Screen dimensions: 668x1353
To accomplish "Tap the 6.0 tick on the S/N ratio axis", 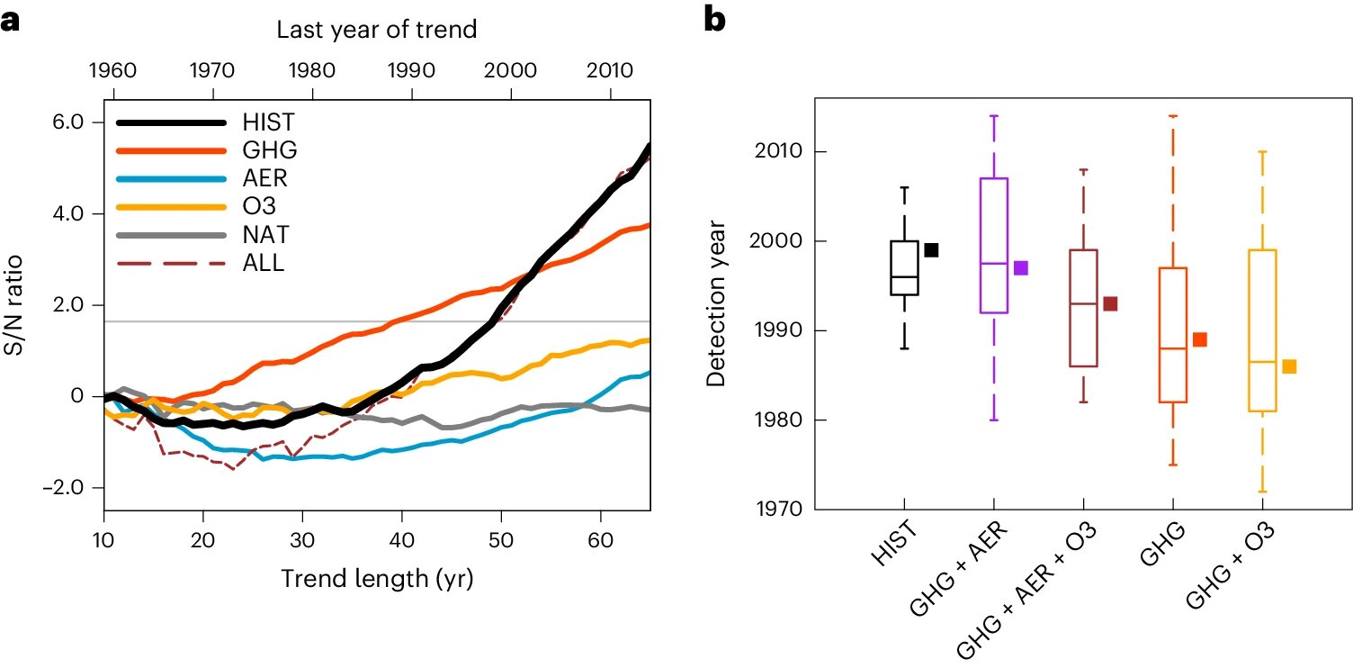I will pyautogui.click(x=76, y=122).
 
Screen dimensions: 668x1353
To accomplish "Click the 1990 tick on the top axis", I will pyautogui.click(x=410, y=70).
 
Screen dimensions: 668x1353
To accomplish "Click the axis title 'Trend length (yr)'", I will pyautogui.click(x=376, y=580).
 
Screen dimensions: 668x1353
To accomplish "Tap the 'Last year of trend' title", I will pyautogui.click(x=376, y=29).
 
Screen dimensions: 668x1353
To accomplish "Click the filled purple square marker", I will pyautogui.click(x=1020, y=267).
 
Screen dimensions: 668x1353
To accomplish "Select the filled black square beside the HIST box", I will pyautogui.click(x=931, y=250).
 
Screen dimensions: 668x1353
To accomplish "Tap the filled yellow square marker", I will pyautogui.click(x=1289, y=366).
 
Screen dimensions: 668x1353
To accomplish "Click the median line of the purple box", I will pyautogui.click(x=994, y=263).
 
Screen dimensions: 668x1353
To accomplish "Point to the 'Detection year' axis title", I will pyautogui.click(x=716, y=306).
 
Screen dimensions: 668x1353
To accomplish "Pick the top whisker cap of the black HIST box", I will pyautogui.click(x=905, y=187).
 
